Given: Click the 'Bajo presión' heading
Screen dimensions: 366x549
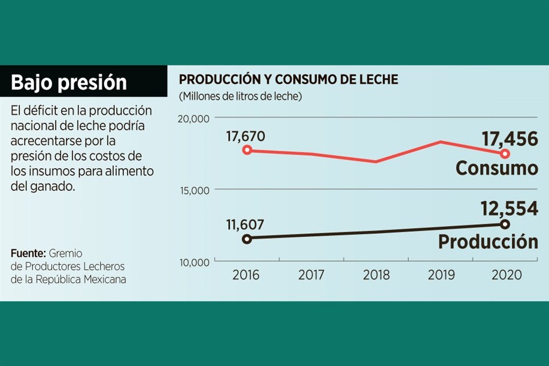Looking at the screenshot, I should tap(69, 82).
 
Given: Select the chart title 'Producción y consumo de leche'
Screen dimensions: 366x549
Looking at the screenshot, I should tap(288, 79).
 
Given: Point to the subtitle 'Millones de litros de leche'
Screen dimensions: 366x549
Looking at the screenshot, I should tap(240, 96).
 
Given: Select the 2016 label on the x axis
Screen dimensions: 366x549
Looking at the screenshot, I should tap(246, 275).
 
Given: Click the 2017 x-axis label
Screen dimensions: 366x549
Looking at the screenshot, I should tap(311, 275).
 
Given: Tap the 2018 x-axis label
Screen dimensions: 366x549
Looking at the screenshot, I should tap(376, 275).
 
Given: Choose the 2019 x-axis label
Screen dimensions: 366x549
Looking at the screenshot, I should tap(441, 275).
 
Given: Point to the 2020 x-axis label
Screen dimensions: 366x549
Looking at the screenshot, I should tap(506, 275).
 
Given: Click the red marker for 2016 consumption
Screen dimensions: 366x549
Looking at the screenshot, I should tap(247, 150).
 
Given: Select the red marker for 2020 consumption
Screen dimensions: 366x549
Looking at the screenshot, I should tap(505, 153).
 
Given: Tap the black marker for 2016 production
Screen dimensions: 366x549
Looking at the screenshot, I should tap(247, 239).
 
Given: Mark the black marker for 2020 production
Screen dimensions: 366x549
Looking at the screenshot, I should tap(505, 224).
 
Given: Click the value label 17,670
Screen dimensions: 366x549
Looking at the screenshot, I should tap(246, 137).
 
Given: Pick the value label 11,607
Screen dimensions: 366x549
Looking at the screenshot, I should tap(245, 225).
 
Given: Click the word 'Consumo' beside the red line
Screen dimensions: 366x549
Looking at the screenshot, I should tap(496, 168).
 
